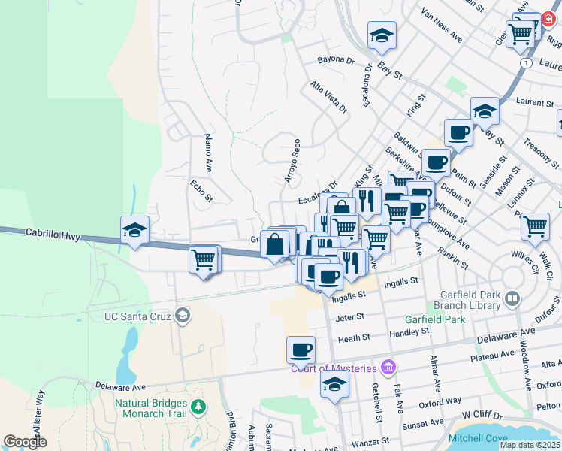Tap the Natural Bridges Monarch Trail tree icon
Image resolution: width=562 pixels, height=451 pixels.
coord(198,407)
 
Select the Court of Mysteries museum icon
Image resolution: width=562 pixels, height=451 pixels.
coord(388,367)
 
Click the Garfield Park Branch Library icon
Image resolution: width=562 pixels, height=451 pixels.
coord(512,299)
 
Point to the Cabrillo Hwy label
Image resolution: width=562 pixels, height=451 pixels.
coord(52,235)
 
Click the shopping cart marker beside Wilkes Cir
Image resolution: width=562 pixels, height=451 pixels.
coord(535,226)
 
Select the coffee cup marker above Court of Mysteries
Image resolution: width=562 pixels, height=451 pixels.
coord(301,350)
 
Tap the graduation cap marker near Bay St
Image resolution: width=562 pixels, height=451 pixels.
coord(382,35)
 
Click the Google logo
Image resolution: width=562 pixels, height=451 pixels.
coord(25,442)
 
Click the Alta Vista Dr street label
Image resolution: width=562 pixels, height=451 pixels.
coord(329,98)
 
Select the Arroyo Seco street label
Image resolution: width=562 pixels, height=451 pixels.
coord(292,161)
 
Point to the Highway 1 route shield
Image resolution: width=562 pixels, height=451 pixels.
coord(529,64)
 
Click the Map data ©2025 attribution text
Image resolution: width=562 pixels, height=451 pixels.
coord(529,445)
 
